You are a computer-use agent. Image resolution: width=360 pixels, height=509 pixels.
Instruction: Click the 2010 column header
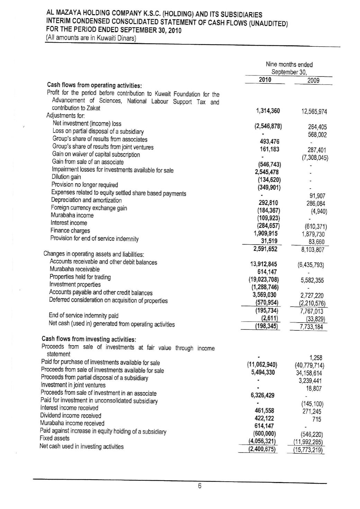pyautogui.click(x=265, y=80)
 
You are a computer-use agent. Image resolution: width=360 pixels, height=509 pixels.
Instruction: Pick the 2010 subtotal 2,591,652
pyautogui.click(x=265, y=248)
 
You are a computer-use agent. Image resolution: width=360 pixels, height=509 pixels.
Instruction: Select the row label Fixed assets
pyautogui.click(x=54, y=438)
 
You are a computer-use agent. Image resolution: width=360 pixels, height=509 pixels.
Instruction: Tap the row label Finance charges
pyautogui.click(x=70, y=230)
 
